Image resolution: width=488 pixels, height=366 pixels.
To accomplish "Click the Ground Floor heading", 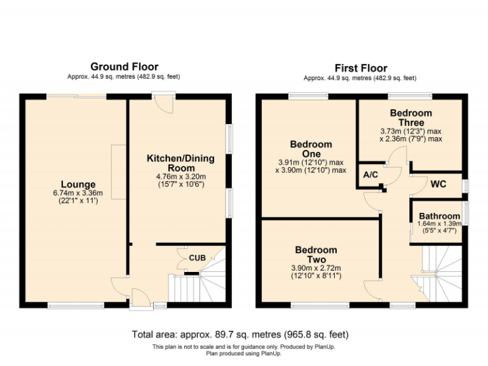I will [124, 67].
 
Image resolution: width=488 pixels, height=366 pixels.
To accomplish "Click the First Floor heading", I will [360, 68].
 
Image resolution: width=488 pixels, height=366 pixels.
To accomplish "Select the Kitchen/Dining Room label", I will [180, 163].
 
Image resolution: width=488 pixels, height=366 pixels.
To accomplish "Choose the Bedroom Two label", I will [316, 255].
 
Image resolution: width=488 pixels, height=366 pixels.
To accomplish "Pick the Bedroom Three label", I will [410, 118].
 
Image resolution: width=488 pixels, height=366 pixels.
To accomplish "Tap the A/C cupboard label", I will [370, 175].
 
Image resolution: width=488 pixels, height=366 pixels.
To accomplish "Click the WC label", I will [439, 185].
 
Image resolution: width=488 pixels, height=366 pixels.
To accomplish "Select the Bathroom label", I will [439, 216].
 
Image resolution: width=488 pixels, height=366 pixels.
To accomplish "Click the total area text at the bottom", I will [240, 334].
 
